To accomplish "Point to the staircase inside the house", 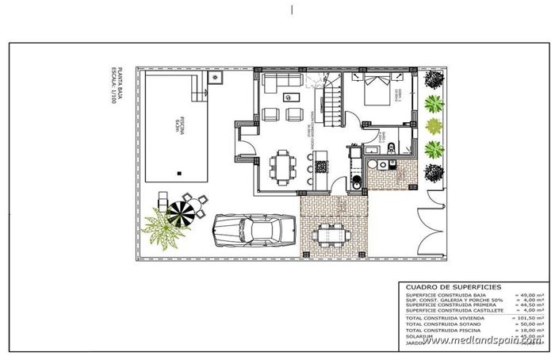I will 331,100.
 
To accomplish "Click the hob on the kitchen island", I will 320,167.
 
